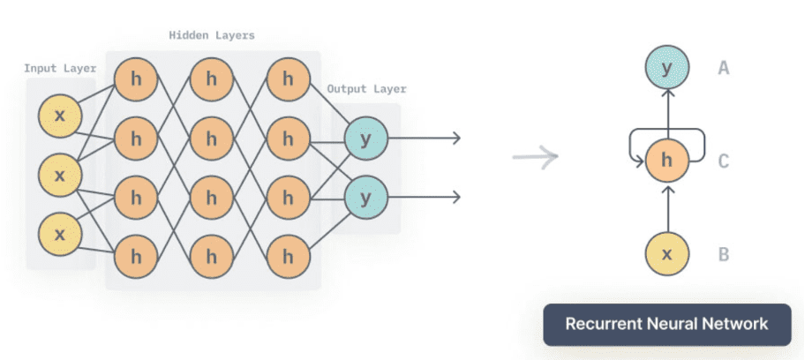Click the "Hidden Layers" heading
(x=212, y=35)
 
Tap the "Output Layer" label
(x=366, y=89)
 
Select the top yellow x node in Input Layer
(x=60, y=116)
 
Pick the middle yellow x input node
(x=60, y=175)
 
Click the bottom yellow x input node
(x=60, y=234)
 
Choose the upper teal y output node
(x=364, y=139)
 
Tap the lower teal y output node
(x=364, y=195)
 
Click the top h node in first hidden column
(x=136, y=79)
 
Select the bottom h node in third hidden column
(x=288, y=256)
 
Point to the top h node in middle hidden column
(x=212, y=79)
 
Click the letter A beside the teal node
(x=723, y=66)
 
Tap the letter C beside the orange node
(x=723, y=161)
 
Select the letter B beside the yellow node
(x=723, y=255)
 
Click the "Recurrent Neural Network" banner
(x=666, y=324)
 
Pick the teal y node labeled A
(x=667, y=66)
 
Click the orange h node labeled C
(x=667, y=161)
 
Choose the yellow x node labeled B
(x=667, y=255)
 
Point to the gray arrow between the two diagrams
(x=536, y=158)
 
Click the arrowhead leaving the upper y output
(x=456, y=139)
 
